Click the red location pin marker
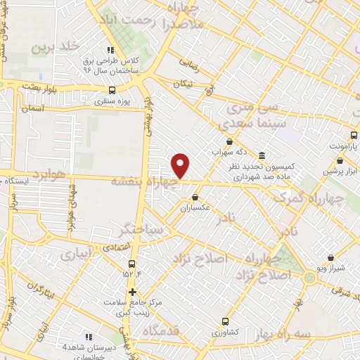coord(181,165)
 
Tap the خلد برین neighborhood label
coord(52,47)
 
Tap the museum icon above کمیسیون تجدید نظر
coord(262,155)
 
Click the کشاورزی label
coord(226,330)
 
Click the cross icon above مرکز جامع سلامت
coord(132,291)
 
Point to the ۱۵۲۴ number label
coord(132,274)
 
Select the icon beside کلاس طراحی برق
coord(110,50)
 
